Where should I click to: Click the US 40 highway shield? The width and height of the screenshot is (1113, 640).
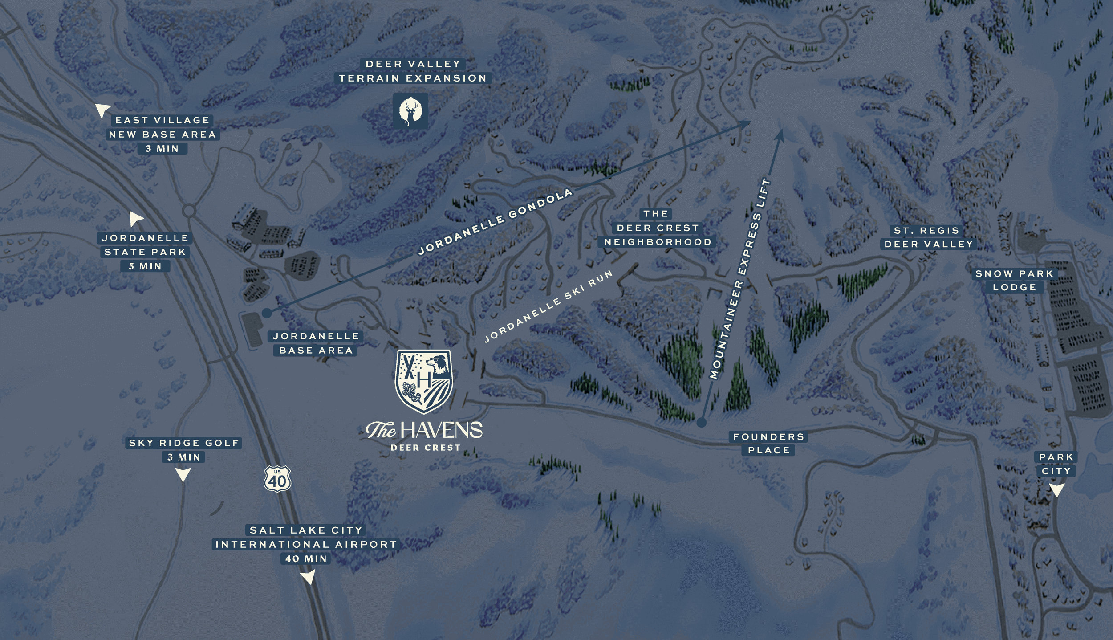277,479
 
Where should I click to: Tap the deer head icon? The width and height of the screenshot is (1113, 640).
410,111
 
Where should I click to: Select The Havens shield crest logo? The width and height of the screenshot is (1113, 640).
424,381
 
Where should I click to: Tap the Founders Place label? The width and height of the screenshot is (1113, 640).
769,444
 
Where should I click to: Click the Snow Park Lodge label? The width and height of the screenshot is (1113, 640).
1014,281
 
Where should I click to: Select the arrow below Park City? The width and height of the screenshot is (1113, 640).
1057,490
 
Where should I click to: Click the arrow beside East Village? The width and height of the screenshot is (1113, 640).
102,110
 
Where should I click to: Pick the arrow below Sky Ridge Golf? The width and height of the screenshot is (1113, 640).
183,474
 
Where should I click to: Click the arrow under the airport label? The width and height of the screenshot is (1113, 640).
308,578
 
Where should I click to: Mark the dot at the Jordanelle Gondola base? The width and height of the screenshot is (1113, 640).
267,313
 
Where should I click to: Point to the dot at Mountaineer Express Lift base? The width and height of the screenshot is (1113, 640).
702,422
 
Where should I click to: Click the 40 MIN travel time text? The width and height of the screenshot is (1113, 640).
306,558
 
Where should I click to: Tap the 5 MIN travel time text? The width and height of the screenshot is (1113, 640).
145,266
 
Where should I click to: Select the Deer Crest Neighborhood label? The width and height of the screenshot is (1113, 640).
658,228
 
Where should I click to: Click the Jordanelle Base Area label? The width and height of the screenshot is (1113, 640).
316,343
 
